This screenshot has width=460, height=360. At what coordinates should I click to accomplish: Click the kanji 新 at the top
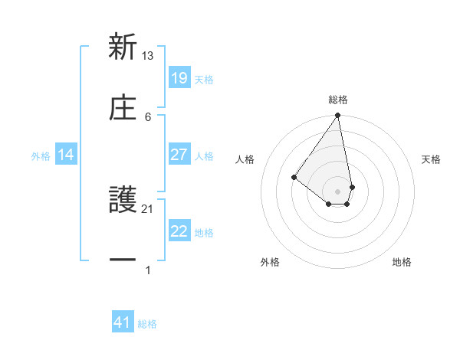pyautogui.click(x=123, y=47)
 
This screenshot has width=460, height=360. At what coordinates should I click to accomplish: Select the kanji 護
pyautogui.click(x=123, y=201)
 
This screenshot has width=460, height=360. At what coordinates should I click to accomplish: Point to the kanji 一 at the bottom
pyautogui.click(x=123, y=260)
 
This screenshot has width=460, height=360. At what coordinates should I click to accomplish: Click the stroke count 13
pyautogui.click(x=148, y=56)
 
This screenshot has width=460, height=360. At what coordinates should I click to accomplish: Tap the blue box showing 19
pyautogui.click(x=179, y=78)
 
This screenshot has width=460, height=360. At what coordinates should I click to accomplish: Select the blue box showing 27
pyautogui.click(x=179, y=155)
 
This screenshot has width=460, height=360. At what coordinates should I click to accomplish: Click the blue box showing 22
pyautogui.click(x=179, y=231)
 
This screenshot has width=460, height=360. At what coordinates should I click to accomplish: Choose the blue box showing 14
pyautogui.click(x=66, y=155)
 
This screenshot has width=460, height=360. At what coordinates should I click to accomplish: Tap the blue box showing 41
pyautogui.click(x=123, y=323)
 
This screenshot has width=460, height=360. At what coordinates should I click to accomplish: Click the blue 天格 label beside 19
pyautogui.click(x=204, y=79)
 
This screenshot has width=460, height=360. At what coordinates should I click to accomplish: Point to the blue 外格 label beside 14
pyautogui.click(x=41, y=155)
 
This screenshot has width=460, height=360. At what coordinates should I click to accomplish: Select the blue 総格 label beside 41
pyautogui.click(x=147, y=324)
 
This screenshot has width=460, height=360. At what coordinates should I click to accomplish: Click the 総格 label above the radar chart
pyautogui.click(x=338, y=100)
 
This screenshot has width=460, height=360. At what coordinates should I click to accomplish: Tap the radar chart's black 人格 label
pyautogui.click(x=245, y=159)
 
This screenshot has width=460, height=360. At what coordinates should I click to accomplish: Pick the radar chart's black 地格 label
pyautogui.click(x=402, y=262)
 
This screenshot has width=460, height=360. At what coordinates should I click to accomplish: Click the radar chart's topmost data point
pyautogui.click(x=338, y=116)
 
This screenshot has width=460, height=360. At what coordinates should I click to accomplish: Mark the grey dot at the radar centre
pyautogui.click(x=338, y=191)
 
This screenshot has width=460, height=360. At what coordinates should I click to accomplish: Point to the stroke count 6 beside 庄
pyautogui.click(x=148, y=116)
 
